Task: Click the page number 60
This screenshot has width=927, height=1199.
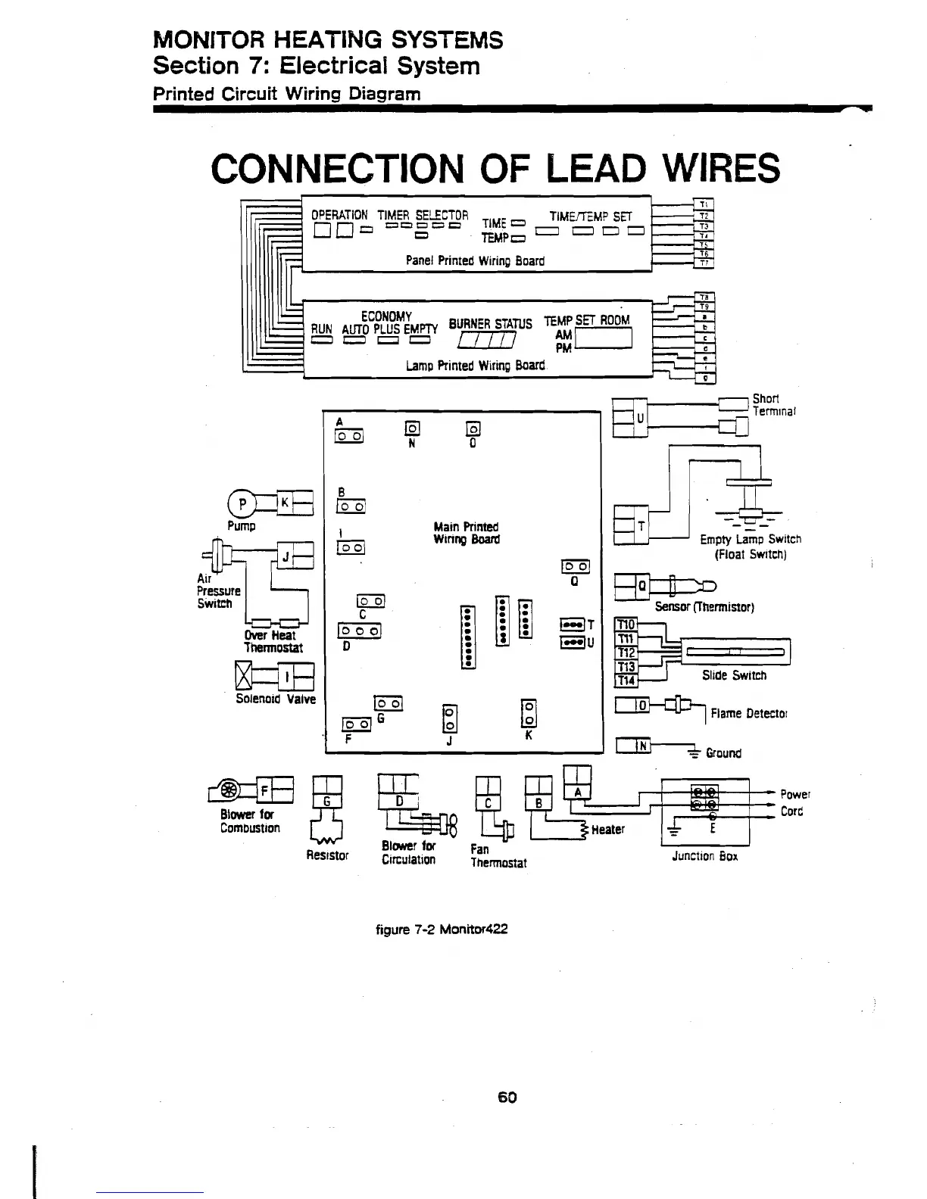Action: (x=507, y=1097)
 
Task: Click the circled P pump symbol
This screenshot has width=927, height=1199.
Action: (x=242, y=503)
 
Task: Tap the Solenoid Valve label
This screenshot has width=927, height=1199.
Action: (x=275, y=699)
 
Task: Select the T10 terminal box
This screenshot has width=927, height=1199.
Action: (x=626, y=624)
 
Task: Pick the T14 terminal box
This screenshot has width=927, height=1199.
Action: (x=626, y=680)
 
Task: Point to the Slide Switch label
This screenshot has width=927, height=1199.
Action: (x=734, y=675)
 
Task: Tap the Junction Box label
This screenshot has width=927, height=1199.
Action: (x=704, y=856)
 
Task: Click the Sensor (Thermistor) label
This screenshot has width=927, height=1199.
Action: (x=704, y=607)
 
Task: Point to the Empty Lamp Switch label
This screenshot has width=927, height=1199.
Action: (x=750, y=547)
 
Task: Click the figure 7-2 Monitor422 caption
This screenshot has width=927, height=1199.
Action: (x=442, y=929)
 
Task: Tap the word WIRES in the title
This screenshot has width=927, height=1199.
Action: (x=713, y=168)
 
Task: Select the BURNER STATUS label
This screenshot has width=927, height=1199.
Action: (x=490, y=324)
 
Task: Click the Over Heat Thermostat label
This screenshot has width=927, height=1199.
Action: (x=273, y=641)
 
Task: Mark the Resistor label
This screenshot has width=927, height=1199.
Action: (x=326, y=855)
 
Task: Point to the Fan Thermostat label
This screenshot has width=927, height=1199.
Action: (x=498, y=856)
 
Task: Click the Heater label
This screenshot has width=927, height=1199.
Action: (x=607, y=830)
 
